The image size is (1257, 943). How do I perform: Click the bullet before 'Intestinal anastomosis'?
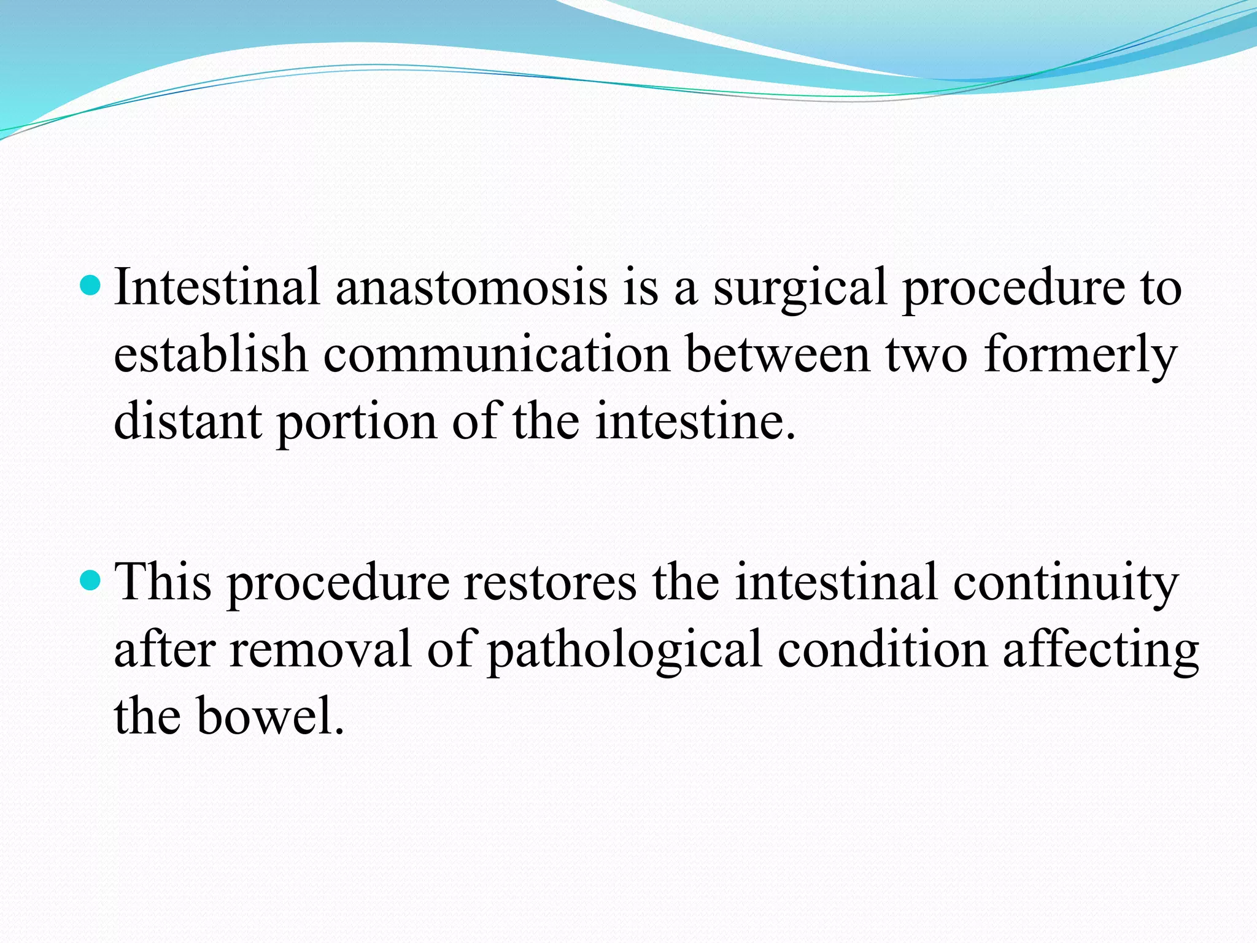(90, 285)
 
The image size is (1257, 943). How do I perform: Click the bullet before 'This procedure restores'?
(90, 579)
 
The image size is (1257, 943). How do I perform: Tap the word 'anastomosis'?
(471, 287)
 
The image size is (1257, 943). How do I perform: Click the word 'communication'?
(496, 354)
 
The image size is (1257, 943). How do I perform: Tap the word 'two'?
(926, 354)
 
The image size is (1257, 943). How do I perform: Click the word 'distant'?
(187, 422)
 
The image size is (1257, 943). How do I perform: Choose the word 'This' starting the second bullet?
(163, 581)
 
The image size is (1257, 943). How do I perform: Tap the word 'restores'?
(550, 581)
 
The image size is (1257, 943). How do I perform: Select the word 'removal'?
(320, 649)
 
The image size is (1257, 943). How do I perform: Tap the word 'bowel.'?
(270, 716)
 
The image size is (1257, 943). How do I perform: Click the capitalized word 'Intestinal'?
(217, 287)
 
